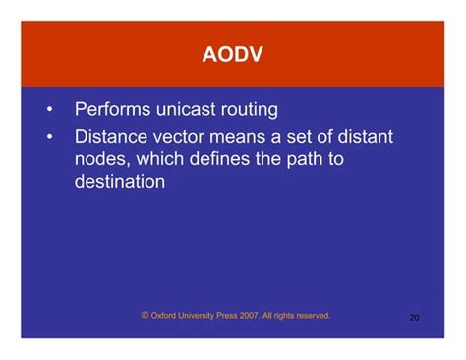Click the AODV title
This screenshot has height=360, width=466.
[233, 54]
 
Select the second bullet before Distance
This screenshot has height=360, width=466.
[48, 136]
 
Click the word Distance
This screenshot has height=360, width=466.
[113, 136]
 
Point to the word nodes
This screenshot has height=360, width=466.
[101, 158]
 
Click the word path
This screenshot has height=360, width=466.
[305, 158]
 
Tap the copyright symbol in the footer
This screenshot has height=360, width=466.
[145, 316]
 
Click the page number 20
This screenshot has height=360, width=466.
[414, 318]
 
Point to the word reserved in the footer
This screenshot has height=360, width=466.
[310, 317]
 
